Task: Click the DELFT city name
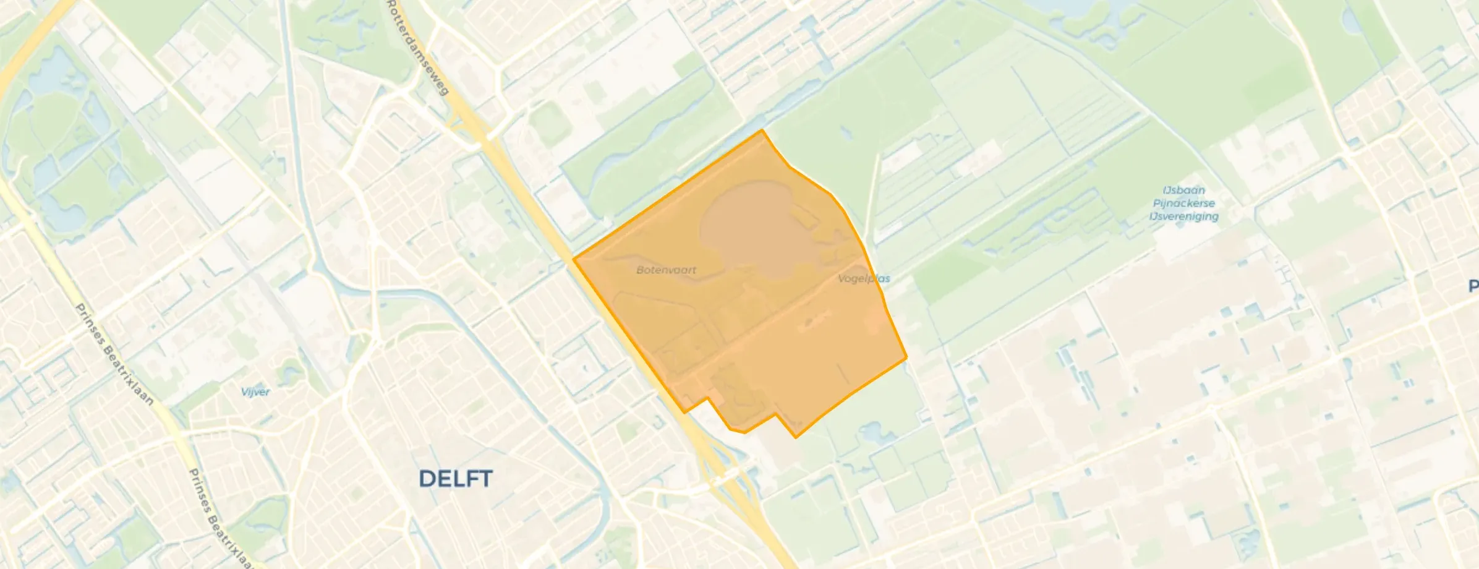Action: pos(456,479)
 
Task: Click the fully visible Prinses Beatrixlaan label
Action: pos(114,354)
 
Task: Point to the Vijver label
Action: pos(255,391)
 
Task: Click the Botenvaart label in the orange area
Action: pos(666,270)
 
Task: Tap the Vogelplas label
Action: pos(864,278)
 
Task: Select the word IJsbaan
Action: pos(1183,190)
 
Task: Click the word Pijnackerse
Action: pos(1183,203)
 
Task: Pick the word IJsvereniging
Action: pos(1183,216)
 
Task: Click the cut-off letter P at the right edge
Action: pos(1473,286)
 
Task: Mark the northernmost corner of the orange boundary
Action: pos(762,130)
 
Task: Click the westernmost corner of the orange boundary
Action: pos(574,259)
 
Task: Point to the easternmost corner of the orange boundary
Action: pos(906,357)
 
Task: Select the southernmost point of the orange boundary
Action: pos(796,438)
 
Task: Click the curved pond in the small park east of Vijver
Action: pos(291,371)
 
